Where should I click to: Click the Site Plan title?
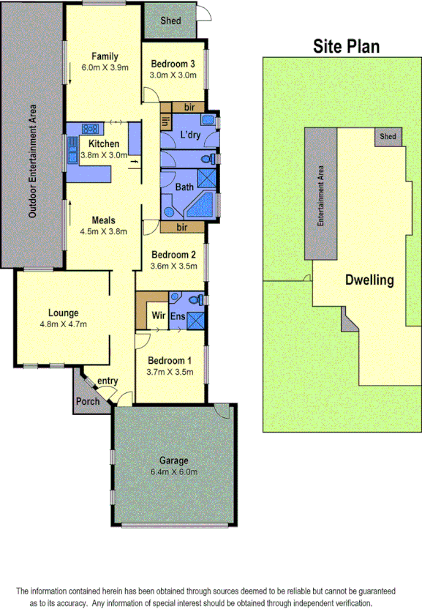[347, 48]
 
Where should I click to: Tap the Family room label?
[105, 56]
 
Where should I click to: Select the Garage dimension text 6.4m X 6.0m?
[174, 471]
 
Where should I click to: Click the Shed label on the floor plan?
[170, 21]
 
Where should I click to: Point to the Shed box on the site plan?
[388, 136]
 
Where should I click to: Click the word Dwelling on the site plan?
[369, 280]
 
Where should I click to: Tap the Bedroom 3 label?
[172, 64]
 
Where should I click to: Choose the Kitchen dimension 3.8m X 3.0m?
[103, 155]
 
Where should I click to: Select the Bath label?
[184, 187]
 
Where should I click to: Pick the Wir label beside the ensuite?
[157, 316]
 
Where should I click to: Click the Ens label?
[178, 316]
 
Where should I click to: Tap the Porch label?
[88, 401]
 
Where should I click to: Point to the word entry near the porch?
[107, 380]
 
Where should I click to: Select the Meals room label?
[104, 220]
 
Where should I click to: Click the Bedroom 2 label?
[174, 255]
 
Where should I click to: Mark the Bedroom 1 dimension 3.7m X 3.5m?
[170, 371]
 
